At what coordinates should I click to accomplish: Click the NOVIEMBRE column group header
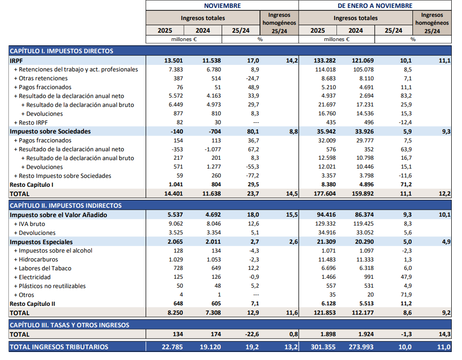[222, 6]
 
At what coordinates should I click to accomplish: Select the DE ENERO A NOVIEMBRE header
[375, 6]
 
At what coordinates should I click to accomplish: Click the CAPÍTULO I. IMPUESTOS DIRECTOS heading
[62, 51]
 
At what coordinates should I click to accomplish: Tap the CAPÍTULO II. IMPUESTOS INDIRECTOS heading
[66, 205]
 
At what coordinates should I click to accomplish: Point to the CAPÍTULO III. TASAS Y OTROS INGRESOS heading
[70, 325]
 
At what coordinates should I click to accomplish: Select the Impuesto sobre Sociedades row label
[50, 132]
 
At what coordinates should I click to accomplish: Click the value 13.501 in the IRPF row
[173, 61]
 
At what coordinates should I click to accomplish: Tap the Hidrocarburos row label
[39, 260]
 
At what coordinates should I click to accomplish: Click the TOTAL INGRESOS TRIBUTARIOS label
[59, 347]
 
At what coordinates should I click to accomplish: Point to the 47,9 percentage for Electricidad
[406, 277]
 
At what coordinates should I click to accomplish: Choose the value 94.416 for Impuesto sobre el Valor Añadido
[326, 215]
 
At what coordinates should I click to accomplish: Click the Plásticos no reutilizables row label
[52, 286]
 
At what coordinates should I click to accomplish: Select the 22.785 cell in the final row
[173, 347]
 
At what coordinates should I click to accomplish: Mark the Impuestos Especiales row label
[41, 242]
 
